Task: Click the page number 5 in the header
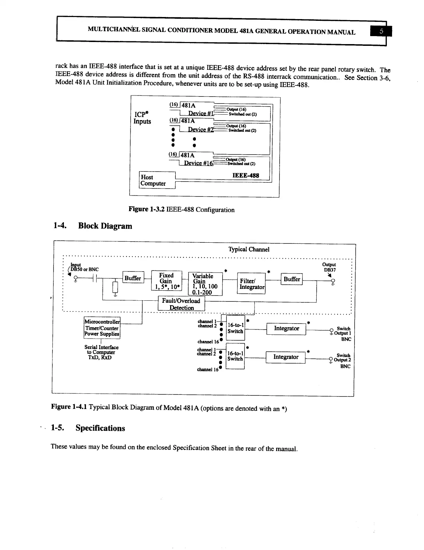pos(381,31)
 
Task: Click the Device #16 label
pos(198,163)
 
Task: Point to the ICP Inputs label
pos(142,117)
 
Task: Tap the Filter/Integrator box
pos(251,284)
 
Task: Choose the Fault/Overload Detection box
pos(181,304)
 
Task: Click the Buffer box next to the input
pos(133,278)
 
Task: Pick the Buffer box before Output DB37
pos(292,279)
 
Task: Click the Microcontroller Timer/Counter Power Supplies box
pos(102,328)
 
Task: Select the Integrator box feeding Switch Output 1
pos(286,328)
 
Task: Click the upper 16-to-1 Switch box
pos(235,328)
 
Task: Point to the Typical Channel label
pos(249,249)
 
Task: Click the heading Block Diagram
pos(105,226)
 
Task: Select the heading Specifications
pos(100,428)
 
